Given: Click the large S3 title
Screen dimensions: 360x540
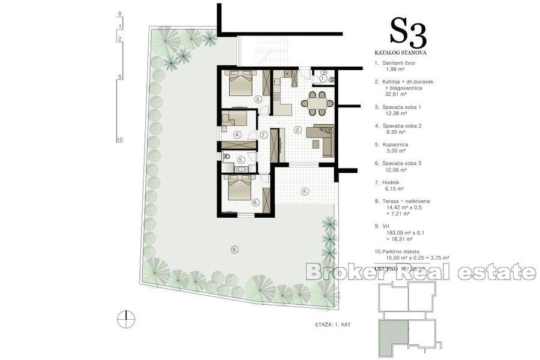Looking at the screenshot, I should pos(408,33).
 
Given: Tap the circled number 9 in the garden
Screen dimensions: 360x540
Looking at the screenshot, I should pos(234,249).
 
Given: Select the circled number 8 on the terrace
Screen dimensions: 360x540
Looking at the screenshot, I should pos(304,192).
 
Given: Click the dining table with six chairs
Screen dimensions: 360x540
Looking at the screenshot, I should pos(317,103).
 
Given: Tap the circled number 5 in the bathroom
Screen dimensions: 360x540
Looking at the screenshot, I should pos(241,160).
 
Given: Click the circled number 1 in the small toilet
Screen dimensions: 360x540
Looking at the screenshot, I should pos(323,79).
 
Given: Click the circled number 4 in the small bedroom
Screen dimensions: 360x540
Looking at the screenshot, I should pos(238,135).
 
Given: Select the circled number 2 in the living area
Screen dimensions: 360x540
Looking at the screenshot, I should pos(297,130).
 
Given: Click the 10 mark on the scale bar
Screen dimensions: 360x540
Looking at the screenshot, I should pos(120,139).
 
